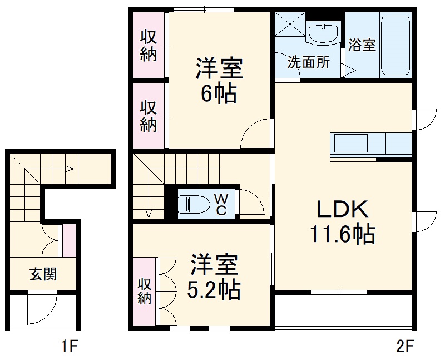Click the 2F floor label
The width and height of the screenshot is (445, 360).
pos(405,348)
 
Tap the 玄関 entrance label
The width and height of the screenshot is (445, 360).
pos(43,274)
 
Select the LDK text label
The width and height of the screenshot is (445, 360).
pos(342,210)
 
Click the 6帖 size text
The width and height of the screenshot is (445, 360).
pos(218,93)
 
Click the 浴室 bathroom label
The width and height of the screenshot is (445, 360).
pos(362,45)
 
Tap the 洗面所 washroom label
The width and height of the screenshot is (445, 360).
pos(308,62)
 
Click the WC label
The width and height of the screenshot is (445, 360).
pos(221,204)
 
